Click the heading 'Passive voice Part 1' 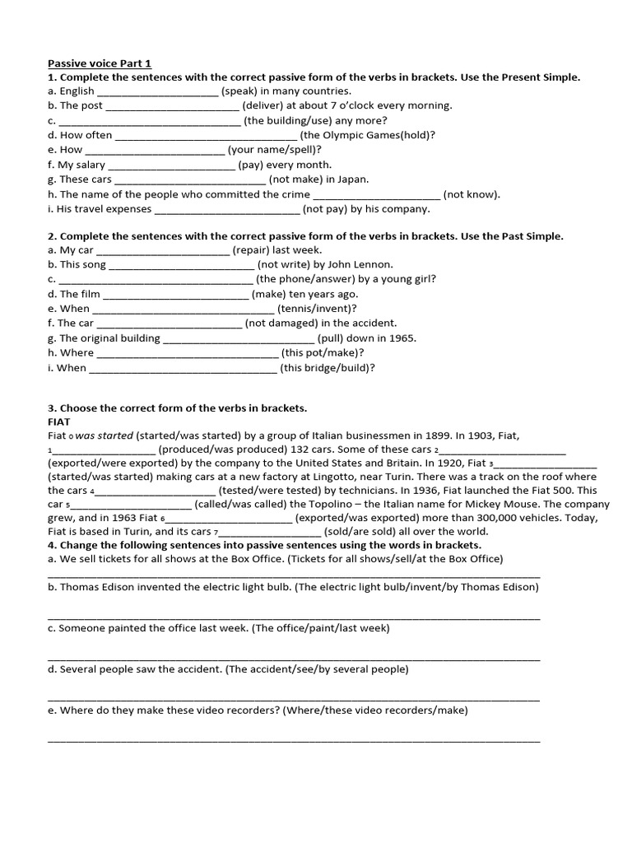point(100,63)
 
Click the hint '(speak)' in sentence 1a point(239,91)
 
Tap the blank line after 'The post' point(172,107)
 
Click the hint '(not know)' point(471,194)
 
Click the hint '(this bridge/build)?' point(327,368)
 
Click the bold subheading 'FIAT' point(59,421)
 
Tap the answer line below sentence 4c point(294,659)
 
